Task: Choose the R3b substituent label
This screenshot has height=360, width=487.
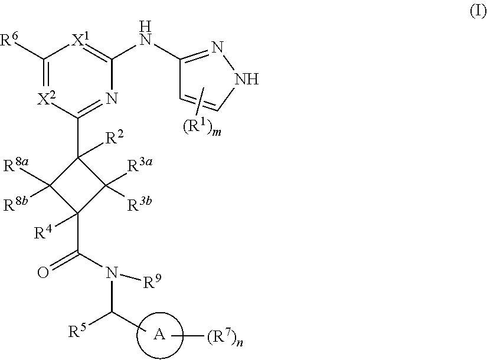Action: (x=141, y=208)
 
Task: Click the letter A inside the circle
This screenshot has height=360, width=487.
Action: (x=158, y=335)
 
